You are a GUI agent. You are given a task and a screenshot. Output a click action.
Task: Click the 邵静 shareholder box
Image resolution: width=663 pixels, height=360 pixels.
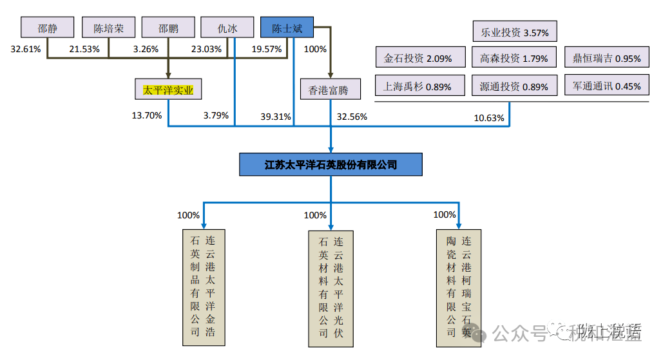47,28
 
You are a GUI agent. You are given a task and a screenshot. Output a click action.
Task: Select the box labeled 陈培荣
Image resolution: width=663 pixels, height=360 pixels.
108,28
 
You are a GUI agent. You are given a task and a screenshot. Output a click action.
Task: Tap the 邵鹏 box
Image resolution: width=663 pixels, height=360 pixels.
169,28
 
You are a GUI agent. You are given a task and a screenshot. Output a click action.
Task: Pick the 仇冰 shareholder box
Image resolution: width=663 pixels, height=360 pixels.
228,28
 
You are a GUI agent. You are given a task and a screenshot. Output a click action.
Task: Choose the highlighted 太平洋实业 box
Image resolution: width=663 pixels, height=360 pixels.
169,90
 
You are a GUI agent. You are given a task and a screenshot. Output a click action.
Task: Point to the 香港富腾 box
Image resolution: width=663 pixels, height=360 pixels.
329,90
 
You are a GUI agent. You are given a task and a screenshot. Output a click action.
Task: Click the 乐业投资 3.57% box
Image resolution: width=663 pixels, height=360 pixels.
515,32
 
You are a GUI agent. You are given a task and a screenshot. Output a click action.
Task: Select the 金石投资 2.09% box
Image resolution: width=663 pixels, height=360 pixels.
418,58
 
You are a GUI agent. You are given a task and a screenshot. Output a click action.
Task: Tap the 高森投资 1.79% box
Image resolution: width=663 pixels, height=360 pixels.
515,58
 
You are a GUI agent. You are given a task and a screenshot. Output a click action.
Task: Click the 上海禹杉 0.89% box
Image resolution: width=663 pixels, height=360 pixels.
418,86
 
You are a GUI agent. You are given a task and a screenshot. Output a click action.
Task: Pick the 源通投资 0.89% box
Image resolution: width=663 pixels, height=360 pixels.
515,86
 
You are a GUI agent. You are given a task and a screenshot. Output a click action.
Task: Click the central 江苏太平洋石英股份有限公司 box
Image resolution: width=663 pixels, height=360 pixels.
331,165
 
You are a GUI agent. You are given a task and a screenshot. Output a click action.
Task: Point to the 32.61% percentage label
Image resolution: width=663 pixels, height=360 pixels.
26,49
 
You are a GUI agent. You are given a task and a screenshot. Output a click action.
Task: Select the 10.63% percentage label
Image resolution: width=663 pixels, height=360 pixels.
489,117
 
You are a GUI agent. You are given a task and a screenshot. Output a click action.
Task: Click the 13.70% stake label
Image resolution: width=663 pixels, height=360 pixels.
146,116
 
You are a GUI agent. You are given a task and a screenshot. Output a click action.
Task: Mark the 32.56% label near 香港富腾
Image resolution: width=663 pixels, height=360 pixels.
352,117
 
